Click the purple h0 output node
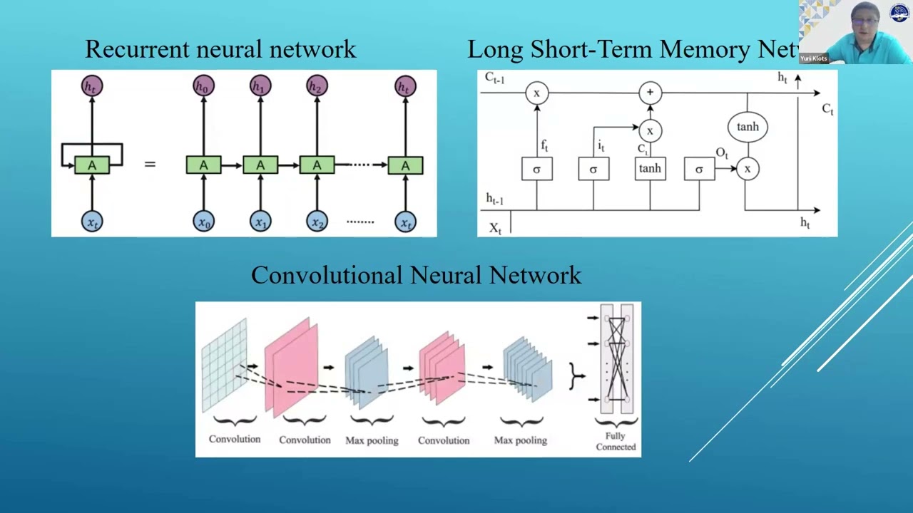203,86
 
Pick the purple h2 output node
317,86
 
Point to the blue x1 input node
260,222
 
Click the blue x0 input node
203,222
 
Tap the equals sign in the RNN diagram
150,165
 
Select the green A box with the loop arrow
92,165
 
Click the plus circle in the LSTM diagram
650,93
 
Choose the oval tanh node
748,127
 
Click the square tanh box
650,169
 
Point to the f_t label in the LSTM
544,145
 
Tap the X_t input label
495,228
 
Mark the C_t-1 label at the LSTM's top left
494,78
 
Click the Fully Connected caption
616,441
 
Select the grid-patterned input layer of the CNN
224,364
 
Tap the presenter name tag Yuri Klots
813,58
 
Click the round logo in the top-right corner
899,13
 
